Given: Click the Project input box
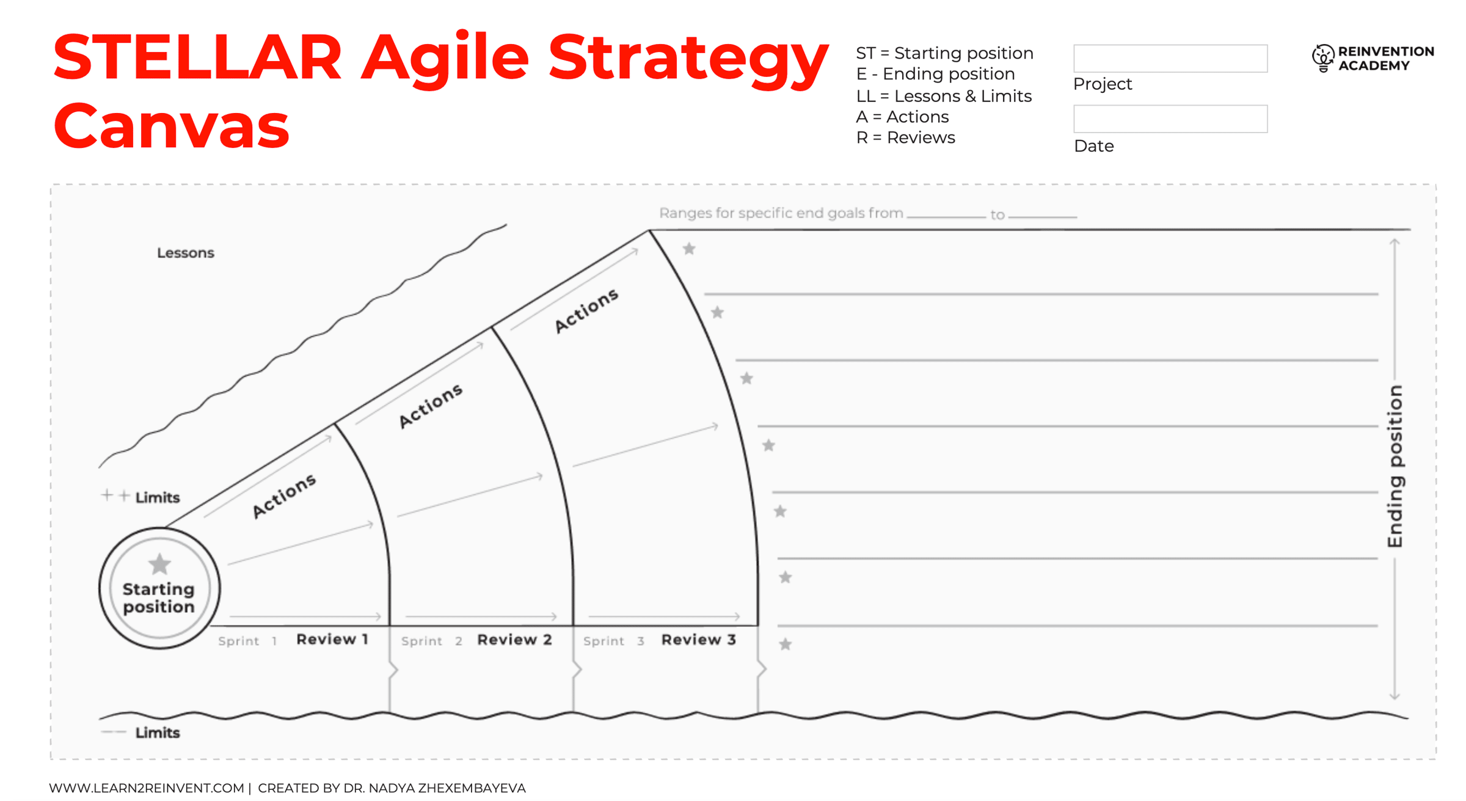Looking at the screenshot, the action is [1170, 58].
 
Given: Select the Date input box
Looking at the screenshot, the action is [1170, 119].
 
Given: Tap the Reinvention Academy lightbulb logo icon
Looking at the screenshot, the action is [1322, 58].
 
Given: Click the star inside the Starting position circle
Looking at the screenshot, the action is [159, 564].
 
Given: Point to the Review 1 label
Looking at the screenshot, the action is [332, 639].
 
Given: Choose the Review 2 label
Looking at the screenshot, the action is [514, 639].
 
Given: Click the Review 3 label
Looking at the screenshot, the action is [698, 639].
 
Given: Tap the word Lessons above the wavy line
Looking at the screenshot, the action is [186, 253].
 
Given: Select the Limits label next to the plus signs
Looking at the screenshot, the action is [158, 497].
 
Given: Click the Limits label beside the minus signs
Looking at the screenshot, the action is [158, 733].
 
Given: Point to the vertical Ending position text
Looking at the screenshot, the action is [1395, 466].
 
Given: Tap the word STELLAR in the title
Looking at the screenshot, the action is [197, 57].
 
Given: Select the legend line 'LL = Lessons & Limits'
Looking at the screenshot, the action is [944, 96].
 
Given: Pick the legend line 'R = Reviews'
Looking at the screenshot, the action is [905, 137].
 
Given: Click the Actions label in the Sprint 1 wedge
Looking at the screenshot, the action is [284, 496].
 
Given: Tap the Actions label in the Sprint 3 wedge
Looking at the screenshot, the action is [586, 310].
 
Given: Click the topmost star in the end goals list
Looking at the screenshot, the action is [689, 249].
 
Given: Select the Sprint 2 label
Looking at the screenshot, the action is [431, 641].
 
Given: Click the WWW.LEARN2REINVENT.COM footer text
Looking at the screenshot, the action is [147, 788].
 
